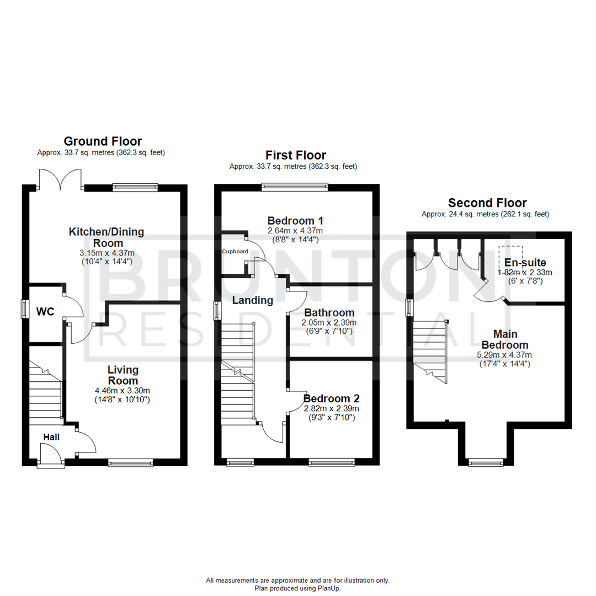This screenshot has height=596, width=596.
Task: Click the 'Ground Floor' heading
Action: tap(103, 141)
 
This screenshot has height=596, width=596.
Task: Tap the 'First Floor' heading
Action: tap(295, 155)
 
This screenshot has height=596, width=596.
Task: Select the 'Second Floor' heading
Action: tap(487, 203)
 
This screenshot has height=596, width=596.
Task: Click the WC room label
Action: tap(45, 312)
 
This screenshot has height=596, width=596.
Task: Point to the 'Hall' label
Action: tap(51, 438)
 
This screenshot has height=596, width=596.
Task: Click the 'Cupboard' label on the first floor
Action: tap(235, 251)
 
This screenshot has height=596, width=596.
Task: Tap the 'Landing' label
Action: tap(252, 301)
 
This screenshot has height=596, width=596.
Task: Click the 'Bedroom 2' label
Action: tap(331, 398)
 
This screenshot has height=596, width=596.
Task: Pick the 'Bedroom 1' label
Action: tap(295, 220)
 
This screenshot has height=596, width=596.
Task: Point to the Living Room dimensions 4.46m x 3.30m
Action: tap(123, 391)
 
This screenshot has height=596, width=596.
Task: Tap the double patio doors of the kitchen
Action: tap(60, 179)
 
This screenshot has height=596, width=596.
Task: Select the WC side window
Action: tap(24, 309)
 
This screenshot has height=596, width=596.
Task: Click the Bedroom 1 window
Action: tap(295, 187)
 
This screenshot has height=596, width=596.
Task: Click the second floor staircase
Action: tap(431, 350)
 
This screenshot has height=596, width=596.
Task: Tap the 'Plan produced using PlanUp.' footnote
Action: tap(297, 588)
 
